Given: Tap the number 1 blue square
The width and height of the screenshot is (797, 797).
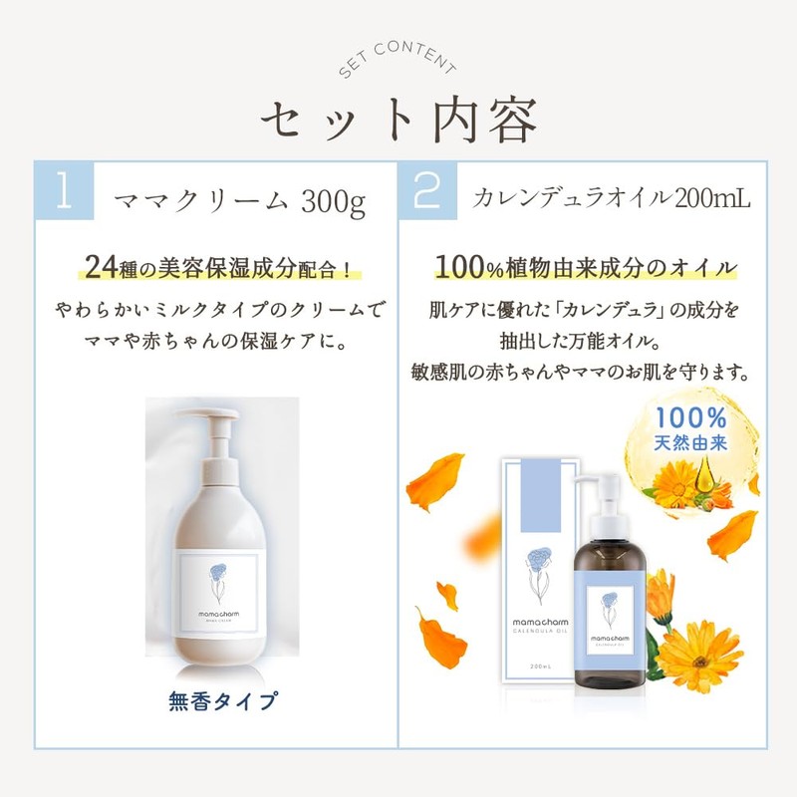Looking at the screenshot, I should tap(65, 192).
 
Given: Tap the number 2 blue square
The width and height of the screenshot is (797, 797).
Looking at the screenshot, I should tap(428, 192).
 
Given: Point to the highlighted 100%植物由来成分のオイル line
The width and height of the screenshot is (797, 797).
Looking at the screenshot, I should tap(587, 267).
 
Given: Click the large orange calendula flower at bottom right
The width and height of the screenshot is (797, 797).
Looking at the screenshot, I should tap(700, 656).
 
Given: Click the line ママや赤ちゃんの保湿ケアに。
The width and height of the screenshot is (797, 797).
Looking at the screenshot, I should tap(218, 338).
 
